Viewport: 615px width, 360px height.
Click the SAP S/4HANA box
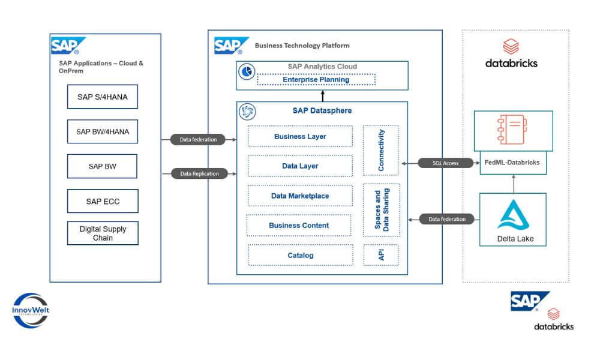tap(102, 97)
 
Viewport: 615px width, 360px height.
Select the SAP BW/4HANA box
tap(102, 131)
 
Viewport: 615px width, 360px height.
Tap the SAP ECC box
tap(102, 201)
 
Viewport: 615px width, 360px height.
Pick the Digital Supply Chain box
tap(102, 233)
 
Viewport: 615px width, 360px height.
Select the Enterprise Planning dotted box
tap(316, 79)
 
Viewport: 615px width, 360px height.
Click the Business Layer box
tap(300, 136)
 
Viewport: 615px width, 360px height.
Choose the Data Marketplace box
tap(300, 196)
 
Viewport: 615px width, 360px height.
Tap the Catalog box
tap(300, 255)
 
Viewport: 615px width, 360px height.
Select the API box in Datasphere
tap(382, 255)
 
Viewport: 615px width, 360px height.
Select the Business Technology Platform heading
tap(302, 46)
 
